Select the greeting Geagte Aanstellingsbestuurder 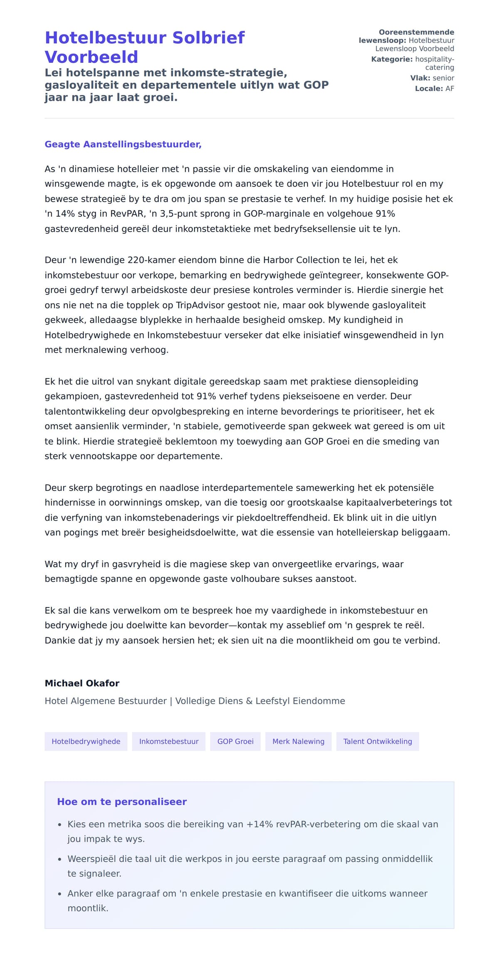[123, 144]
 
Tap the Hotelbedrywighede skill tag [86, 741]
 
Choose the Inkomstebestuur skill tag [169, 741]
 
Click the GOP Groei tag [235, 741]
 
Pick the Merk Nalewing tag [298, 741]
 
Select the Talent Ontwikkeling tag [378, 741]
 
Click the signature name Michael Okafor [82, 683]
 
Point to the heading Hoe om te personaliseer [122, 801]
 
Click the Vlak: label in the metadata [420, 78]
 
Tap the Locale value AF [450, 89]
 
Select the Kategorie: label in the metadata [392, 59]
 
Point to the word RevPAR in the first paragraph [126, 214]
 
